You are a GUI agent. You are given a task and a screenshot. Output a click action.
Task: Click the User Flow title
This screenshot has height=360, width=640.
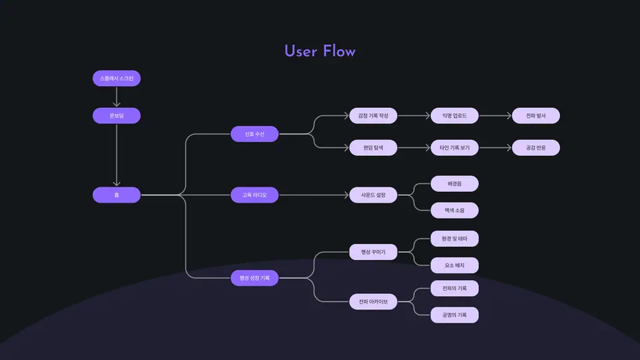(319, 51)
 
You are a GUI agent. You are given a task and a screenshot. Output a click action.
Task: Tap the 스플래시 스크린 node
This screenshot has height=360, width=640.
(117, 79)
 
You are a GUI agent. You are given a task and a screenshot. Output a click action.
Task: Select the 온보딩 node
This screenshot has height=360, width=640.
(117, 115)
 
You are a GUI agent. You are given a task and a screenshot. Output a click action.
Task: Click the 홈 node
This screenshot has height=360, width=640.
(117, 195)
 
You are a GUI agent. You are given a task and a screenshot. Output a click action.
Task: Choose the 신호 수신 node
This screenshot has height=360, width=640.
(255, 134)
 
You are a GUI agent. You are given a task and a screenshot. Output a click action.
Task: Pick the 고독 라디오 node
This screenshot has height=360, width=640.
(255, 195)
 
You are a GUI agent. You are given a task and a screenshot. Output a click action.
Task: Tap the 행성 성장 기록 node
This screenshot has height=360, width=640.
(255, 278)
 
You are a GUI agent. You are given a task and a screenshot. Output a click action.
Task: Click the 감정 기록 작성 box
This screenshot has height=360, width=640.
(373, 115)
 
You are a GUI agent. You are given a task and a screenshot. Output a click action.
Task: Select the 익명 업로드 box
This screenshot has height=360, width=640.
(454, 115)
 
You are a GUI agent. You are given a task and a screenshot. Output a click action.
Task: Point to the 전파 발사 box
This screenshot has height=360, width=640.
(536, 115)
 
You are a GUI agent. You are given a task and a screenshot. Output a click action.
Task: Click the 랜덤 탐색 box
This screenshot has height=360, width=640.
(373, 148)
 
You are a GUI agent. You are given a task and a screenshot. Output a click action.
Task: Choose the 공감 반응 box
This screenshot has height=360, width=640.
(536, 148)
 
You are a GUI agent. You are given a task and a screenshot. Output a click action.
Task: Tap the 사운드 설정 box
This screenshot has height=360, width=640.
(373, 195)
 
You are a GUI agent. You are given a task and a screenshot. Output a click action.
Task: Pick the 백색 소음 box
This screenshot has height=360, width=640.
(454, 210)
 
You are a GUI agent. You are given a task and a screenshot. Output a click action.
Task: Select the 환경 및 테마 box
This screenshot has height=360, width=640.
(454, 239)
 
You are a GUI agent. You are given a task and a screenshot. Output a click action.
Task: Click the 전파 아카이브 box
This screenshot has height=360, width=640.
(373, 301)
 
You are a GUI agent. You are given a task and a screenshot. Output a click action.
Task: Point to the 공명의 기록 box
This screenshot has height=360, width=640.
(454, 315)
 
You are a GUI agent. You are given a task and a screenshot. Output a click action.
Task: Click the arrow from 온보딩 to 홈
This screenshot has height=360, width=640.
(117, 155)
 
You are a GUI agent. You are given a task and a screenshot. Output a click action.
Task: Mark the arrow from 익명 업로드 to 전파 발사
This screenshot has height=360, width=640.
(495, 116)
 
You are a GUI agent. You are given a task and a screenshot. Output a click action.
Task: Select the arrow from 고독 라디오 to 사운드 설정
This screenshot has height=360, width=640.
(314, 195)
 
